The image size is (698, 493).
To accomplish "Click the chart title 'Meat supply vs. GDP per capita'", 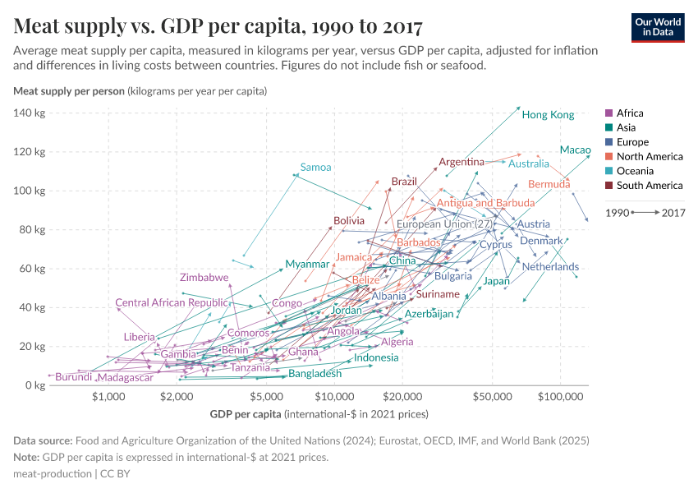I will click(218, 26).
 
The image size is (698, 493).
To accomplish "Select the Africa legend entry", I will click(629, 113).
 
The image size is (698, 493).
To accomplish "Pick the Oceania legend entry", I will click(633, 171).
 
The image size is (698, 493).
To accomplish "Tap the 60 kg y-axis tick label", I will click(31, 269).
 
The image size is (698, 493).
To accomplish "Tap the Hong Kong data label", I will click(548, 115).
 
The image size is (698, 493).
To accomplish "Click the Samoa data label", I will click(315, 168).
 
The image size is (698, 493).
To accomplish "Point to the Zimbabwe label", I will click(204, 278).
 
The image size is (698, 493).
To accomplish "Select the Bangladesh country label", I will click(315, 374).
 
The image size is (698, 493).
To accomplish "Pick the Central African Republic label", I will click(171, 303).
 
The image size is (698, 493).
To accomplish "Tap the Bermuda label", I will click(549, 185).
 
